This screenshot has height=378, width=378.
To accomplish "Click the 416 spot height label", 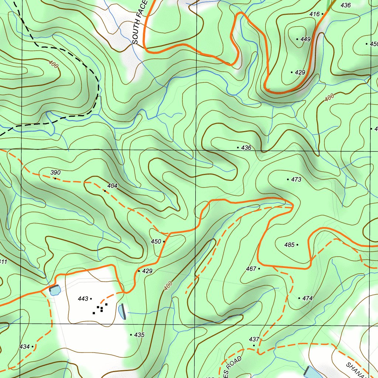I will (x=314, y=14).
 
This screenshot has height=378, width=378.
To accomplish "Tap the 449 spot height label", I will (x=305, y=39).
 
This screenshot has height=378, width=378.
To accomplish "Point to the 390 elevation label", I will (x=55, y=172).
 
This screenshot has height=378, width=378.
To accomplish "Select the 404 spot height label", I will (x=112, y=186).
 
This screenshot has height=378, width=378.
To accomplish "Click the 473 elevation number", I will (x=296, y=180).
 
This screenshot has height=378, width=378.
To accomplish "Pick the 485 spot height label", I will (x=289, y=245).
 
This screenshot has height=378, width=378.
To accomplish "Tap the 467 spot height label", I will (x=251, y=269).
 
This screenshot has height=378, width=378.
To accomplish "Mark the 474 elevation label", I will (x=307, y=298).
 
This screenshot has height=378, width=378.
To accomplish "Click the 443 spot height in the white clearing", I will (x=83, y=299).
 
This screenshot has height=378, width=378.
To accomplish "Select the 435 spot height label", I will (x=139, y=335).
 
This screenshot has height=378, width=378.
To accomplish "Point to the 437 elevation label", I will (x=254, y=339).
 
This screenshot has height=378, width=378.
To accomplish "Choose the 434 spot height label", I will (x=25, y=347).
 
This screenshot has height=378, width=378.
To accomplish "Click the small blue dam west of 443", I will (x=54, y=291).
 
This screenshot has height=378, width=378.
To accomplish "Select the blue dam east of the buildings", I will (x=122, y=312).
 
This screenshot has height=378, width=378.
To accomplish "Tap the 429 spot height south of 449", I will (x=300, y=72).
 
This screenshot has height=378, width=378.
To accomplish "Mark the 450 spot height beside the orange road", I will (x=156, y=241).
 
